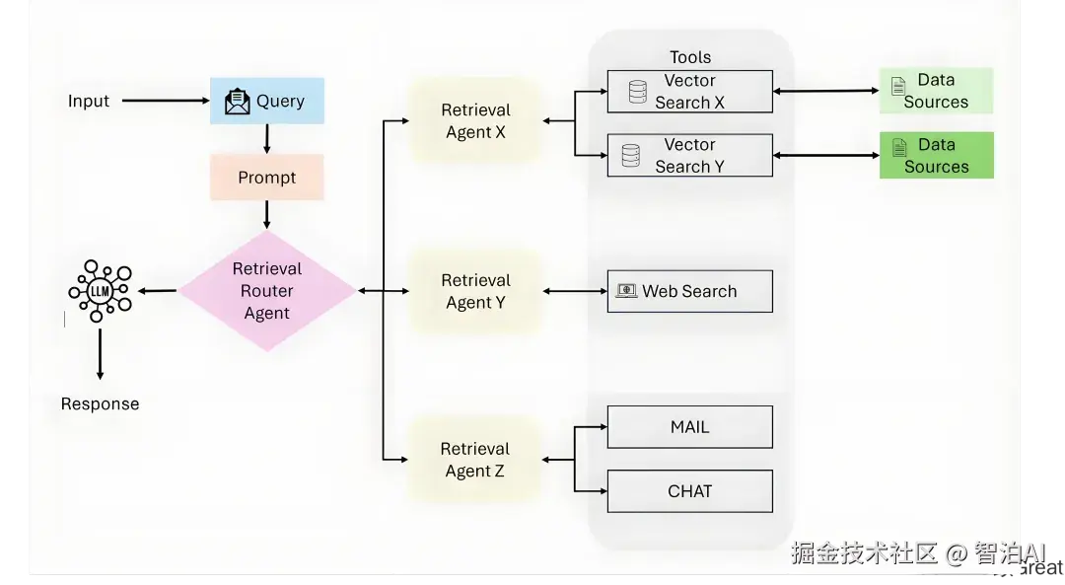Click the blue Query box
click(x=266, y=101)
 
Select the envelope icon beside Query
click(x=238, y=102)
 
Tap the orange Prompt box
click(x=266, y=178)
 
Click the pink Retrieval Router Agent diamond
click(x=266, y=291)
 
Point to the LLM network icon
click(x=100, y=291)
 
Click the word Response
click(x=100, y=403)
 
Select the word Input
click(x=89, y=101)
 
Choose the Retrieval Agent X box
click(x=475, y=121)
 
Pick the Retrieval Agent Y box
click(x=475, y=291)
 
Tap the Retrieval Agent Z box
click(x=475, y=460)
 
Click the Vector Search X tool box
click(x=689, y=92)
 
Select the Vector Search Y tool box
click(x=689, y=156)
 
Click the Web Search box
click(x=689, y=291)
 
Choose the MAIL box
click(x=689, y=427)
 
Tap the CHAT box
click(x=689, y=491)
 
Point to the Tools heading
click(x=690, y=57)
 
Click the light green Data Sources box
click(x=936, y=91)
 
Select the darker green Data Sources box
click(x=936, y=156)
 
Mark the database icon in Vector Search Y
click(x=631, y=156)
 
